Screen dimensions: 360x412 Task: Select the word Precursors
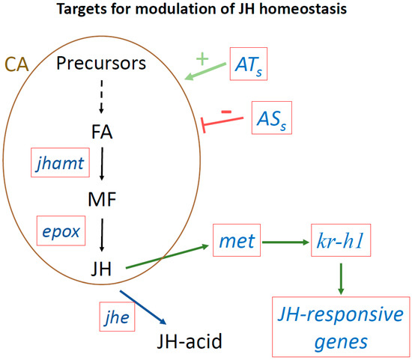pos(112,64)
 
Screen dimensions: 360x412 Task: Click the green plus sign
pos(201,58)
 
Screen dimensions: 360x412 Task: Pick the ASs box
pos(272,118)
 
